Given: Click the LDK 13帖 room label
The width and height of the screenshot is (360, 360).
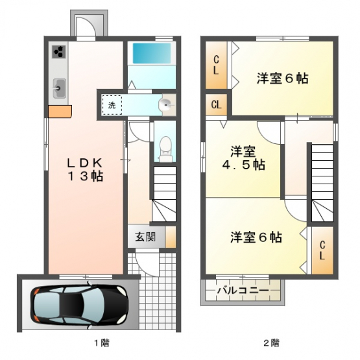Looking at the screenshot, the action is coord(85,170).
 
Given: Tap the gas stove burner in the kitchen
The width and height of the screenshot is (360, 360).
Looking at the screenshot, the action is coord(59,52).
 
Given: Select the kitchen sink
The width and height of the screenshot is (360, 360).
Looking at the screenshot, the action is coord(60,88).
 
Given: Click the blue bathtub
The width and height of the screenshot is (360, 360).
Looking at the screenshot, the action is coord(152,53).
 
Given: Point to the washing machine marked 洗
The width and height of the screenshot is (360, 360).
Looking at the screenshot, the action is coord(112,105).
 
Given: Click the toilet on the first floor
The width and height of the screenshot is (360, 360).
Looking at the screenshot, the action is coord(165,149).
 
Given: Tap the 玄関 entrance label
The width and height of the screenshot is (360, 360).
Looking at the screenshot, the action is coord(145,237).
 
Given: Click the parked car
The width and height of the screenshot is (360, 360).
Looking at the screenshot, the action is coord(79,306).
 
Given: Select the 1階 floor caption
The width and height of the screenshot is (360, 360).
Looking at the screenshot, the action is coord(102,343).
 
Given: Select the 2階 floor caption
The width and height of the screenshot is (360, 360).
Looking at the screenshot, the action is coord(272,343).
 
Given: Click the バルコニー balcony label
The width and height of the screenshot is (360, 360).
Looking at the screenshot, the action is coord(243,291).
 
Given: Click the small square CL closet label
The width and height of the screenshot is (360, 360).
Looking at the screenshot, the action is coord(216,105).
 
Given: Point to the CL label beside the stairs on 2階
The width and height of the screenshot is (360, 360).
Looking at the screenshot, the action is coord(322,250).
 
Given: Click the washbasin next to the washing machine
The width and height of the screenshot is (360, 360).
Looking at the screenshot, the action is coord(167,105).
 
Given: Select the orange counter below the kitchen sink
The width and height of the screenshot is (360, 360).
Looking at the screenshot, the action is coord(60,112).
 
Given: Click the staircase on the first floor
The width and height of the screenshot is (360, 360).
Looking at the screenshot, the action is coord(164,193).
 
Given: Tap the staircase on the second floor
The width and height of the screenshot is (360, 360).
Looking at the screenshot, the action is coord(322,183).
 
